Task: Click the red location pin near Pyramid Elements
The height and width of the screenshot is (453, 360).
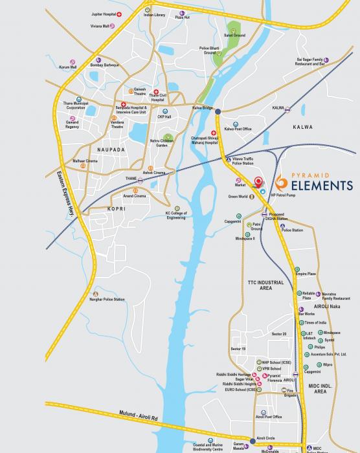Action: [x=258, y=182]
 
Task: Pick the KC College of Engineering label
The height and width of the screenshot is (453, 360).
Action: [x=175, y=216]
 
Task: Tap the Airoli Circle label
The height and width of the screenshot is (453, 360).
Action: [x=267, y=438]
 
